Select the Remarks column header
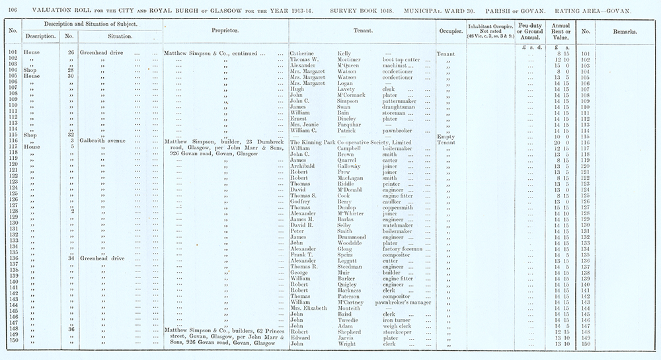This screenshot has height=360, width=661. tap(625, 31)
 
